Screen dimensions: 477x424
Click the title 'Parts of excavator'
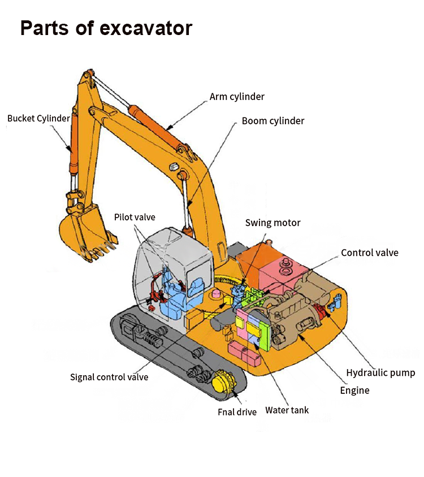106,28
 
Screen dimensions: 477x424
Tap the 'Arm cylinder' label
237,97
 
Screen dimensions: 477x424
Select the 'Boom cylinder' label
272,121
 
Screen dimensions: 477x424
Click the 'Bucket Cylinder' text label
38,119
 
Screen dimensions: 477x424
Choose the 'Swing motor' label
272,223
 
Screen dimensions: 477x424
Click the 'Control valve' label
369,253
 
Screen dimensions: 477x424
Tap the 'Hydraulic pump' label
380,372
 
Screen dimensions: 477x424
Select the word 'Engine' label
354,390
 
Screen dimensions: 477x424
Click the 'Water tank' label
287,410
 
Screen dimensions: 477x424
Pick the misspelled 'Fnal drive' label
237,412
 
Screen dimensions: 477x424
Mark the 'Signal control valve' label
109,377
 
